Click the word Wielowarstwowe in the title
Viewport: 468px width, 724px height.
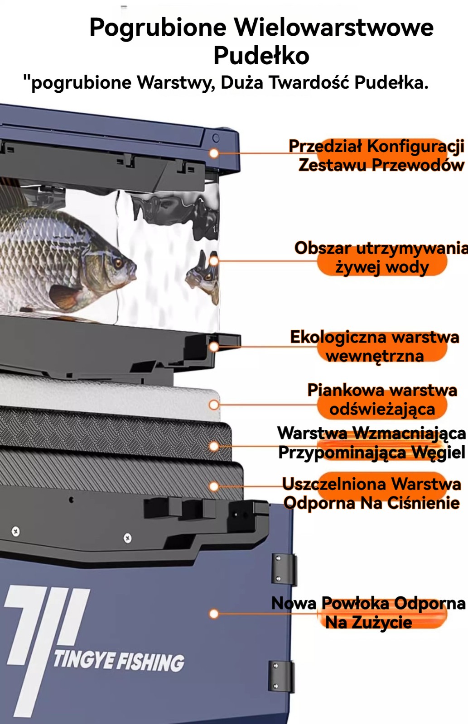(334, 27)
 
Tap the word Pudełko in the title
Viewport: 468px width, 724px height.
(261, 56)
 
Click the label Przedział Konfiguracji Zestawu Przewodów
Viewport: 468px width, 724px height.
(377, 156)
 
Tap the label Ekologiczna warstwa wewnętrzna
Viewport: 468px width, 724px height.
(375, 347)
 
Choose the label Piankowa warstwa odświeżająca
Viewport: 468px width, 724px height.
(382, 400)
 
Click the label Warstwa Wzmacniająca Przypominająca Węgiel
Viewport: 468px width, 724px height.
(372, 443)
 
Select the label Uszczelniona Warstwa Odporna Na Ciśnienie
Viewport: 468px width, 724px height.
(372, 494)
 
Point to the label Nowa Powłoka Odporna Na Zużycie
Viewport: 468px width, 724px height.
(369, 613)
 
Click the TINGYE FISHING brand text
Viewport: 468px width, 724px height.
(119, 661)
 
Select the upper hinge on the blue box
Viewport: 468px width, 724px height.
(284, 569)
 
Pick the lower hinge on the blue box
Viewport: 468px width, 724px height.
(281, 676)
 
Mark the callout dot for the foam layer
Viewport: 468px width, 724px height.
(214, 405)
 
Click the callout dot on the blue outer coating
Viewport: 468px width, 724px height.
(213, 614)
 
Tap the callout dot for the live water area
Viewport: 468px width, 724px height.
(213, 261)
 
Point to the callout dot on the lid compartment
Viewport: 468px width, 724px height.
(213, 153)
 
